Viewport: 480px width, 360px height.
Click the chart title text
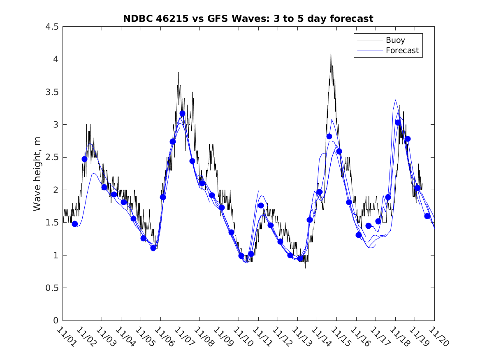click(248, 19)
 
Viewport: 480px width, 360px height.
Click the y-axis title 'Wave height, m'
click(37, 174)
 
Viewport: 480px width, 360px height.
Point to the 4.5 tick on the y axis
click(52, 27)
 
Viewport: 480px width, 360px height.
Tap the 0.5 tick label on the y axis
click(52, 288)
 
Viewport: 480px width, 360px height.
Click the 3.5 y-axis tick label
click(52, 92)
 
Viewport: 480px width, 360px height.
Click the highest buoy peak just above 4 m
click(330, 53)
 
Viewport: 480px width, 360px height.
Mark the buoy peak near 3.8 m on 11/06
click(178, 73)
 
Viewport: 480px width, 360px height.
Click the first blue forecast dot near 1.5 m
click(74, 224)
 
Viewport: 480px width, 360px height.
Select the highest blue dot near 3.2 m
click(182, 114)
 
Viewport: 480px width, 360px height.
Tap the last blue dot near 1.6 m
click(427, 216)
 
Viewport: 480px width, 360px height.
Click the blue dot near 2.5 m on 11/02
click(84, 159)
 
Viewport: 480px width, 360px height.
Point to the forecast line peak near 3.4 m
click(395, 100)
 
